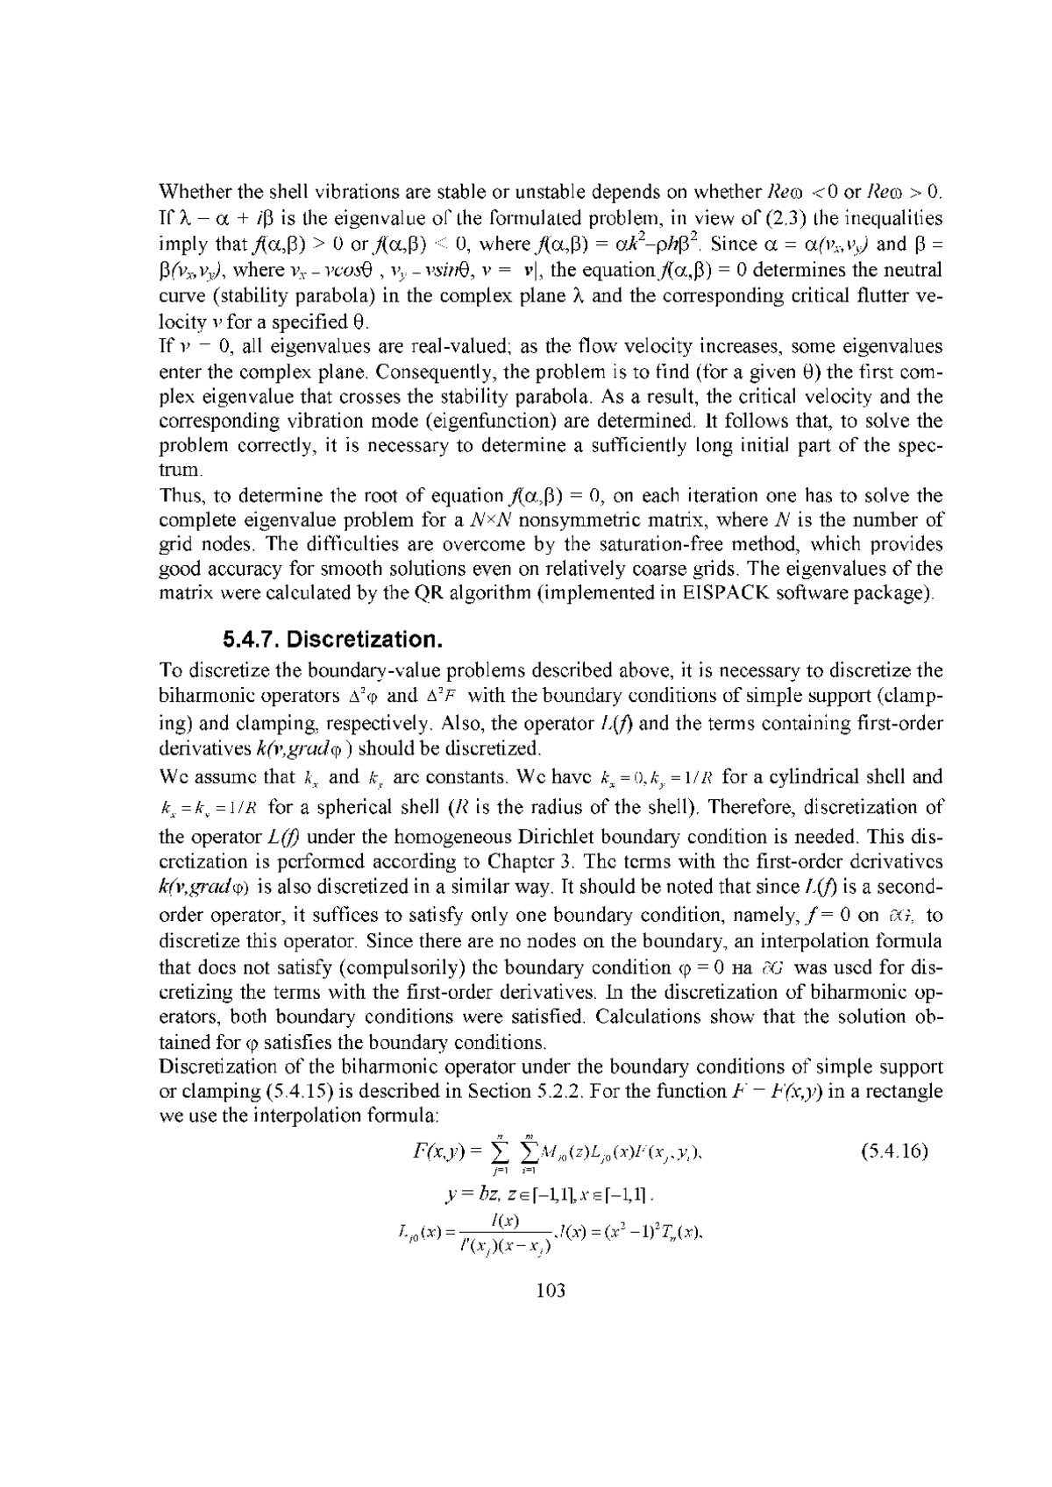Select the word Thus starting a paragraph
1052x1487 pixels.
(178, 496)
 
